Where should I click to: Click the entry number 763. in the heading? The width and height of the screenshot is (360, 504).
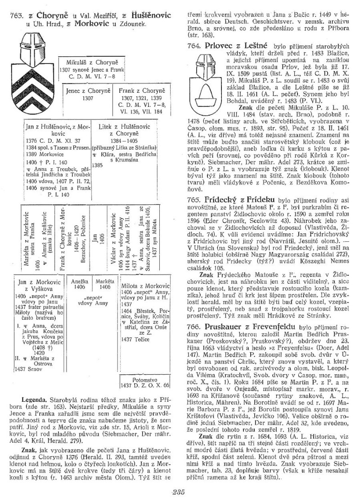[17, 16]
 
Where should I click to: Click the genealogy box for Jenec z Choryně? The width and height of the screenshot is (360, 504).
[88, 94]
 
